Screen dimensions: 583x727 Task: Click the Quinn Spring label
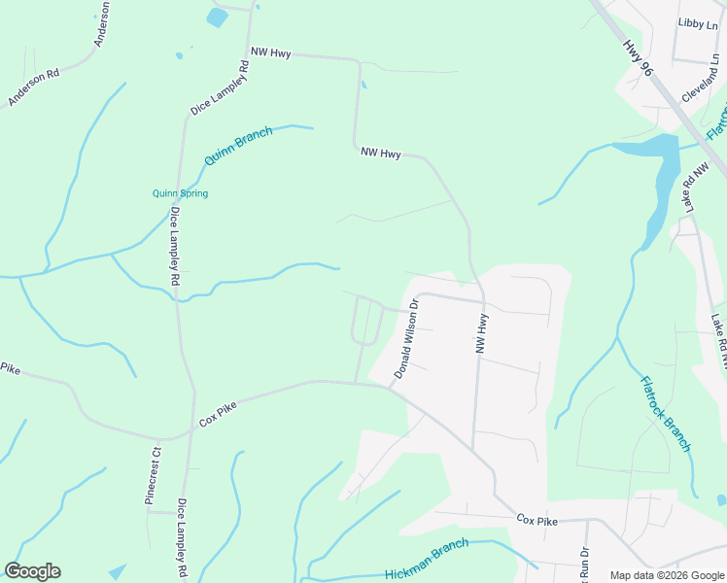[x=180, y=193]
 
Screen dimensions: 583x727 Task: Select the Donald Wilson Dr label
[x=406, y=339]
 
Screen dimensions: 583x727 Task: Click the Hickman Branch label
[x=427, y=561]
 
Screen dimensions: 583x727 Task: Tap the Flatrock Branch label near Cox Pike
[x=666, y=414]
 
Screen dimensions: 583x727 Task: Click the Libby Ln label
[x=696, y=22]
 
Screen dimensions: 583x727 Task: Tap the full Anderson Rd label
[x=34, y=86]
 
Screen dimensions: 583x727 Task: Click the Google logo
[x=32, y=571]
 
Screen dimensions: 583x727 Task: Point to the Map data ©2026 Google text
[x=667, y=575]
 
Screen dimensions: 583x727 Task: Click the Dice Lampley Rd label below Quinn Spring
[x=175, y=245]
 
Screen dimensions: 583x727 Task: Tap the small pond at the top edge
[x=217, y=17]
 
